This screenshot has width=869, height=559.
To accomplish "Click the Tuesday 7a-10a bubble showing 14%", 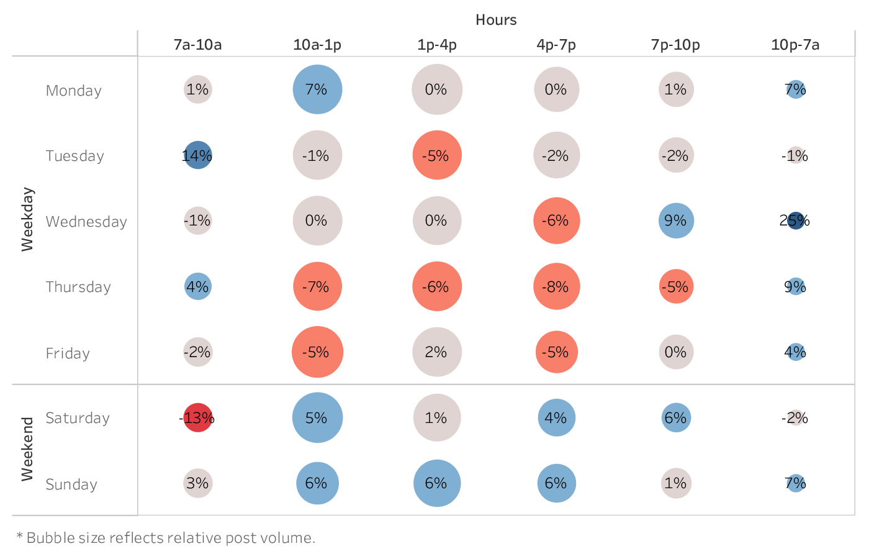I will (198, 155).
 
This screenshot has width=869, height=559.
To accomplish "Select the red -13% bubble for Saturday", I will (198, 417).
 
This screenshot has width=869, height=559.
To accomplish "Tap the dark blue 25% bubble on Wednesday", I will (796, 220).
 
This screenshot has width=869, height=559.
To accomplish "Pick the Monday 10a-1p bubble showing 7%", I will (317, 89).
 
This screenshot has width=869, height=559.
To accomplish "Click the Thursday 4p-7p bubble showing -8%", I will (556, 286).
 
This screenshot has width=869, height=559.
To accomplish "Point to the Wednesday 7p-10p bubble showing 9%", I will (676, 220).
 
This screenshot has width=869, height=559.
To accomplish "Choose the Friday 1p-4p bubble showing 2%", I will (437, 352).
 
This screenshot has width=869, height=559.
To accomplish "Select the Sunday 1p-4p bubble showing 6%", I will (437, 483).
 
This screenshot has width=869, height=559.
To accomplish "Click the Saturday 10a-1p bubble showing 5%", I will (317, 417).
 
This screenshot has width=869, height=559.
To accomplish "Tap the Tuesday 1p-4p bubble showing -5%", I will (437, 155).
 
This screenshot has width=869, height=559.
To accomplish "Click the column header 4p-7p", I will (556, 45).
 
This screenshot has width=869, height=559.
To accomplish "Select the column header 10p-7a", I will (795, 45).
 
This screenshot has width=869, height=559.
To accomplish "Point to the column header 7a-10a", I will (197, 45).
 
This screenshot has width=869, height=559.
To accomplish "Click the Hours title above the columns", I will (496, 20).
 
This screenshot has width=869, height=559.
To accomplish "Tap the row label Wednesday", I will (86, 222).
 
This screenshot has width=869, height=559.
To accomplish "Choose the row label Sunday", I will (71, 484).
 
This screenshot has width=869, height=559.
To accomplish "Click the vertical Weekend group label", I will (27, 449).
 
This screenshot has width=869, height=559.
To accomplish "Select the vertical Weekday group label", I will (27, 219).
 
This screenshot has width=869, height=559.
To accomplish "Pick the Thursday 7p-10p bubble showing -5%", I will (676, 286).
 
